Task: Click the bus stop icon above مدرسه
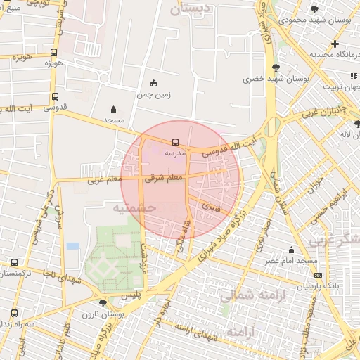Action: point(175,142)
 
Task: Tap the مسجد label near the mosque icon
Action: point(114,120)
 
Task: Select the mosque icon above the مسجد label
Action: point(114,110)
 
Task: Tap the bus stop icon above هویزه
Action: point(54,53)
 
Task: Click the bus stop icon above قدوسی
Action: point(55,98)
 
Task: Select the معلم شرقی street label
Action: point(163,179)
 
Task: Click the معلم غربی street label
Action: point(104,180)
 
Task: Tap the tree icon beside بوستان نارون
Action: point(103,303)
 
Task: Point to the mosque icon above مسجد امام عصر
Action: point(291,250)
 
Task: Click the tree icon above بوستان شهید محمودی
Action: point(313,9)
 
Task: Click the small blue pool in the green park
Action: point(73,246)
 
